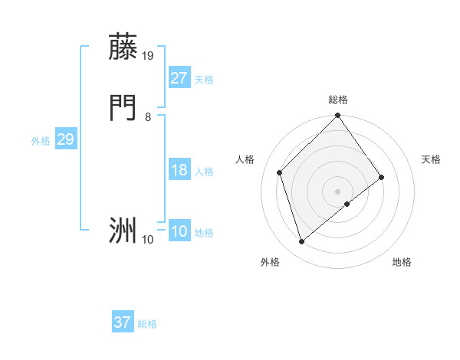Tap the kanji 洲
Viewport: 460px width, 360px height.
coord(123,230)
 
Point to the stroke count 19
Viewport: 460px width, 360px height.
coord(148,55)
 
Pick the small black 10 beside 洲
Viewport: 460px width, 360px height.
coord(148,240)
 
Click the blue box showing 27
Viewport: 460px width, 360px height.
coord(179,78)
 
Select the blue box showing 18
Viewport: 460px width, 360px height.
coord(179,170)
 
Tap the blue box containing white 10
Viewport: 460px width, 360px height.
coord(179,232)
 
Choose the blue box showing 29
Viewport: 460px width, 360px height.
coord(65,139)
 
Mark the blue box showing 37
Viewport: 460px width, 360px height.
coord(123,322)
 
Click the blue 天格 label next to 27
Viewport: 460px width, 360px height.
coord(204,80)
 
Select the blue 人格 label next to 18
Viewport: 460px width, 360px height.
coord(204,172)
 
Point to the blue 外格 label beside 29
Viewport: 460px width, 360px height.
coord(41,141)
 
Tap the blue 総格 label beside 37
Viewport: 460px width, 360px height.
coord(147,324)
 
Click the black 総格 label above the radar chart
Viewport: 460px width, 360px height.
coord(338,100)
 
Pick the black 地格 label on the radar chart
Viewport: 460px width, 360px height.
coord(402,262)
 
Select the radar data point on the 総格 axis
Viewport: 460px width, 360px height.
coord(337,116)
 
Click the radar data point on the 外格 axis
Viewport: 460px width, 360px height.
coord(301,242)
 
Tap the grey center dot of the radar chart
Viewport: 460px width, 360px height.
coord(337,191)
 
